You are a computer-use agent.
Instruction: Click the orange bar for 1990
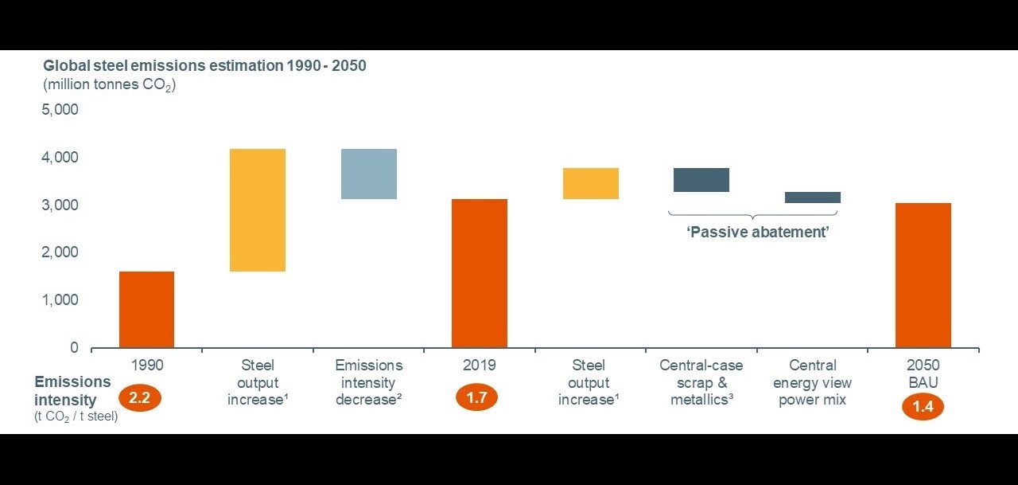tap(147, 310)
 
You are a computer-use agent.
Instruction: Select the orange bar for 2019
tap(480, 273)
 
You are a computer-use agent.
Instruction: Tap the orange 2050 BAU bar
tap(923, 276)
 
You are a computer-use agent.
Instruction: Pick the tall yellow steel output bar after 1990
tap(258, 210)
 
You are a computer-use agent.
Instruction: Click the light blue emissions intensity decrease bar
tap(369, 174)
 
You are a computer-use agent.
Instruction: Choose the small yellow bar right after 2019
tap(591, 183)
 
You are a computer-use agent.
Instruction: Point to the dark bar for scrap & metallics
tap(701, 180)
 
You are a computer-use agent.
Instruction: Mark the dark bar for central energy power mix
tap(813, 198)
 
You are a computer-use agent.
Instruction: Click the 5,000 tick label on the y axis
tap(60, 110)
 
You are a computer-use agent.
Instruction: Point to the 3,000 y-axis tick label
tap(60, 205)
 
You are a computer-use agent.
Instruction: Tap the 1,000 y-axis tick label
tap(60, 299)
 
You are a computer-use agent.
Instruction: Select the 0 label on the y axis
tap(74, 347)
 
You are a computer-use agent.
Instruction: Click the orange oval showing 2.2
tap(139, 398)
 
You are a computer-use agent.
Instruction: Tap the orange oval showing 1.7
tap(476, 398)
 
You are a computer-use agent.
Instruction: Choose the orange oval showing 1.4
tap(923, 407)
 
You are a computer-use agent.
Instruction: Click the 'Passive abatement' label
tap(758, 232)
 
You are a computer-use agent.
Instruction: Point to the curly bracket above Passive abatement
tap(752, 215)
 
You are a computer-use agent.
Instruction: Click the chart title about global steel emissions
tap(204, 66)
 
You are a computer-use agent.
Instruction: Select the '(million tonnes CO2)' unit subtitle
tap(110, 85)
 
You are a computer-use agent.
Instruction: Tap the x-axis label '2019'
tap(479, 366)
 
